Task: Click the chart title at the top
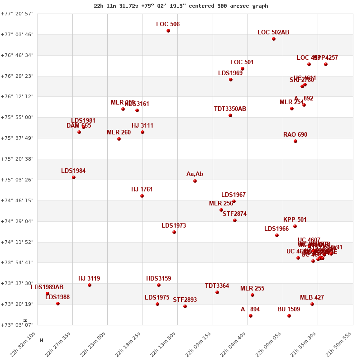click(181, 6)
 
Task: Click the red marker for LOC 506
click(168, 31)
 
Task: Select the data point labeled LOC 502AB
click(274, 39)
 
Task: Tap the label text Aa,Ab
click(195, 174)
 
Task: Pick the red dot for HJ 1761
click(142, 196)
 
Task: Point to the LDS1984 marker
click(74, 177)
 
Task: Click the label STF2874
click(234, 214)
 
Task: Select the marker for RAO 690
click(295, 141)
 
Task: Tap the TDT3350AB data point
click(230, 115)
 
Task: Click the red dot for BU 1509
click(289, 316)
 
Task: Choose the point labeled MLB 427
click(312, 304)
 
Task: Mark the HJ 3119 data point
click(90, 285)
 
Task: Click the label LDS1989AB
click(47, 287)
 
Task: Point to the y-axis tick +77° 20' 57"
click(17, 14)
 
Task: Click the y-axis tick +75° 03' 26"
click(17, 180)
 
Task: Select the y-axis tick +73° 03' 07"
click(17, 324)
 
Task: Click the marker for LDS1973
click(174, 232)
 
